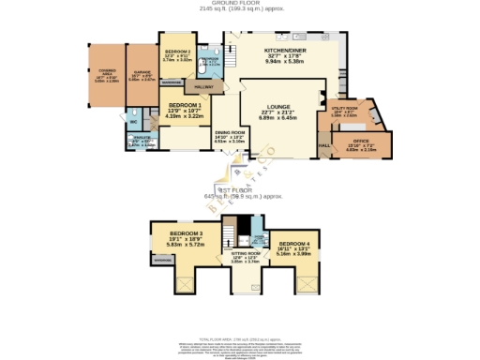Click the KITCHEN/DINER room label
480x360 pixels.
[283, 50]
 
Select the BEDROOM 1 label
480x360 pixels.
[185, 106]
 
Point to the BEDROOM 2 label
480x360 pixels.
[177, 52]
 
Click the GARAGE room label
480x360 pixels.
[140, 72]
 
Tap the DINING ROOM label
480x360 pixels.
[230, 133]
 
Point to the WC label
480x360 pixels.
[134, 121]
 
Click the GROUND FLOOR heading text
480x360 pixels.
[240, 3]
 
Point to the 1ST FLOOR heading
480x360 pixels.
[239, 189]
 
